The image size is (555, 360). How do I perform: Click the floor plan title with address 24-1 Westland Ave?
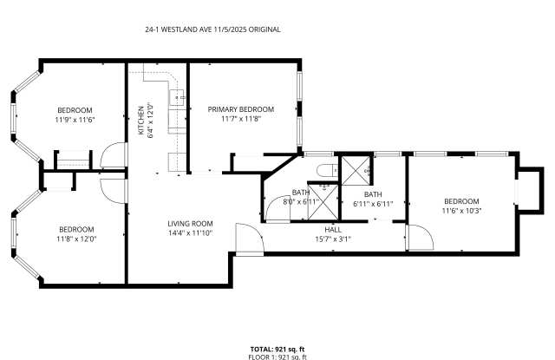click(x=212, y=29)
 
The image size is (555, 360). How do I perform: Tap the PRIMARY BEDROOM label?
click(x=240, y=109)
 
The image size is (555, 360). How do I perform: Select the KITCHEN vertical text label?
click(x=140, y=121)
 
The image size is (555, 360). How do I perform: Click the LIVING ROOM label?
click(x=190, y=224)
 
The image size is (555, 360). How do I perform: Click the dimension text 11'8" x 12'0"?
click(x=75, y=239)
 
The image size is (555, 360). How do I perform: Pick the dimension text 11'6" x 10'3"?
click(x=461, y=210)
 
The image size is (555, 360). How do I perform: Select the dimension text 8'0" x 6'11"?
click(x=302, y=201)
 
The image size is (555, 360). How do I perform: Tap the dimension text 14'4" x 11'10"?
click(x=190, y=232)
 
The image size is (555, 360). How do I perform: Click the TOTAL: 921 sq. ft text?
click(x=277, y=349)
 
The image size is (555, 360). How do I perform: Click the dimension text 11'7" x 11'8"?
click(x=240, y=119)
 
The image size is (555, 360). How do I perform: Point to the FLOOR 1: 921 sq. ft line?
click(x=277, y=357)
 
